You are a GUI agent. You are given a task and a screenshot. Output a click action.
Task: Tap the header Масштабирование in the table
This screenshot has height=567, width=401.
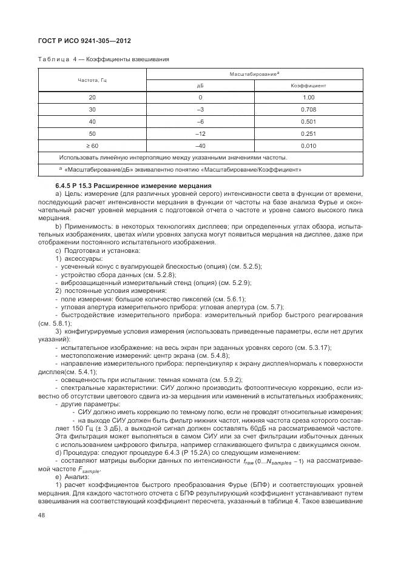pos(253,73)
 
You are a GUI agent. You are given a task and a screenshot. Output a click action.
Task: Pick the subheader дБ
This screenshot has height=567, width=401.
pos(200,86)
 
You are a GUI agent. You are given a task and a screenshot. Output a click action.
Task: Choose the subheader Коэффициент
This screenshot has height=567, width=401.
pos(308,86)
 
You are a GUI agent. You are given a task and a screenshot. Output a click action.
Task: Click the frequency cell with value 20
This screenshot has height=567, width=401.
pos(92,98)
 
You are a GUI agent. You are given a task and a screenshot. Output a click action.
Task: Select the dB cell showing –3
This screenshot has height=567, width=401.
pos(200,109)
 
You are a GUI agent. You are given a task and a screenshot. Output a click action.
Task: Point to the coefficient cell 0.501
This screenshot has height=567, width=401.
pos(308,121)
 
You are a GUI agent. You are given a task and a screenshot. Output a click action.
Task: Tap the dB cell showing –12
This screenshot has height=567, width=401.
pos(200,133)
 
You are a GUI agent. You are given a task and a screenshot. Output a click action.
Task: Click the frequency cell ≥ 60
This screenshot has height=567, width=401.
pos(92,145)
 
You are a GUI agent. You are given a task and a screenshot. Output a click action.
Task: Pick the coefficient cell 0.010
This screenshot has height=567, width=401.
pos(308,145)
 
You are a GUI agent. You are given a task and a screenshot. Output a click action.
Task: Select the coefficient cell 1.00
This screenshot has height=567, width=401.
pos(308,98)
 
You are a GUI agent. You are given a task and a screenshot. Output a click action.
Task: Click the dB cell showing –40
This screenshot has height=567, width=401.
pos(200,145)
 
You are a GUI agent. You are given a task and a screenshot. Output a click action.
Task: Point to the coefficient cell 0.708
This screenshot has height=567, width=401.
pos(308,109)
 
